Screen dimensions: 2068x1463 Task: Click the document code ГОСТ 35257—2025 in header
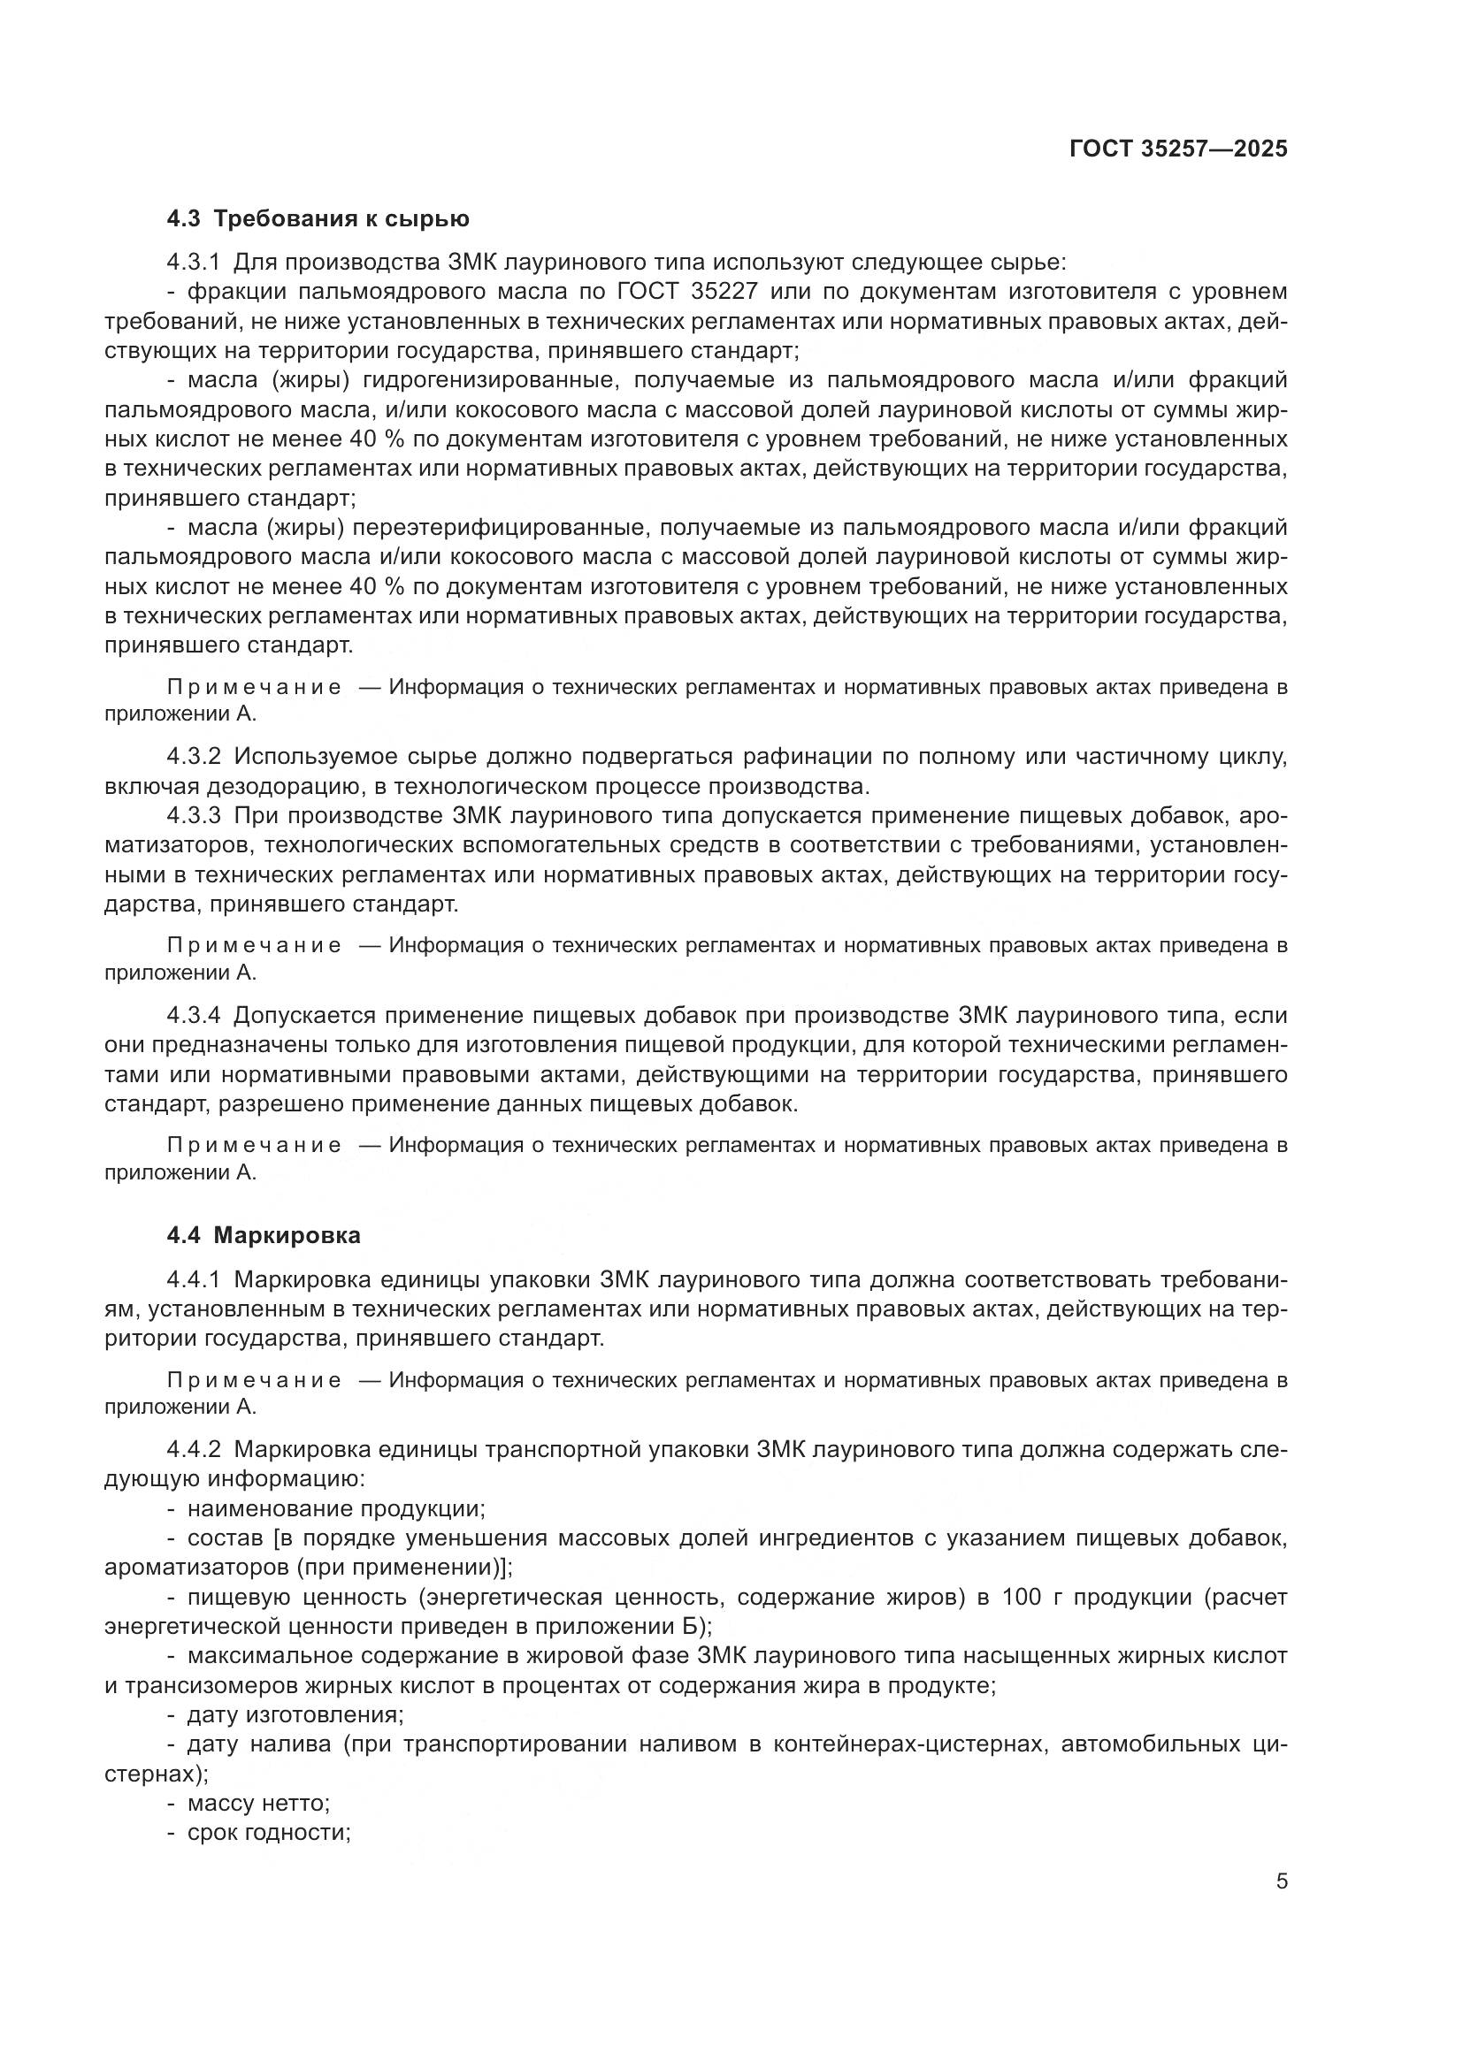pyautogui.click(x=1177, y=149)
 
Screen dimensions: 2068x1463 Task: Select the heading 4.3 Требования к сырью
pyautogui.click(x=318, y=219)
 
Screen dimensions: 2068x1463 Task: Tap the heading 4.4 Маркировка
pyautogui.click(x=263, y=1235)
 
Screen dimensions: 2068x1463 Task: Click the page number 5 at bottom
pyautogui.click(x=1281, y=1881)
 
